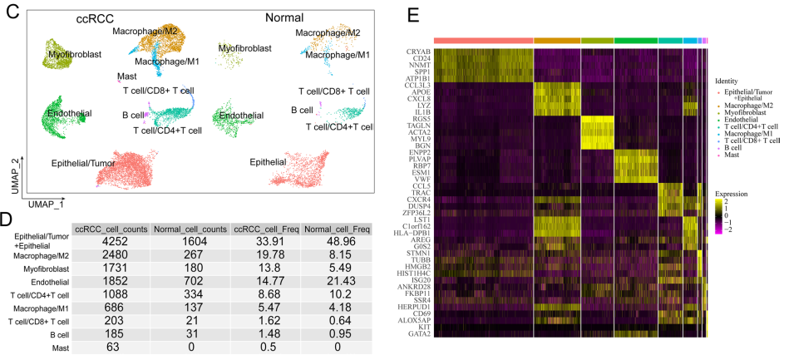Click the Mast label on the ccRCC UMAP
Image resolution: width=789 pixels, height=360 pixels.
point(118,77)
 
